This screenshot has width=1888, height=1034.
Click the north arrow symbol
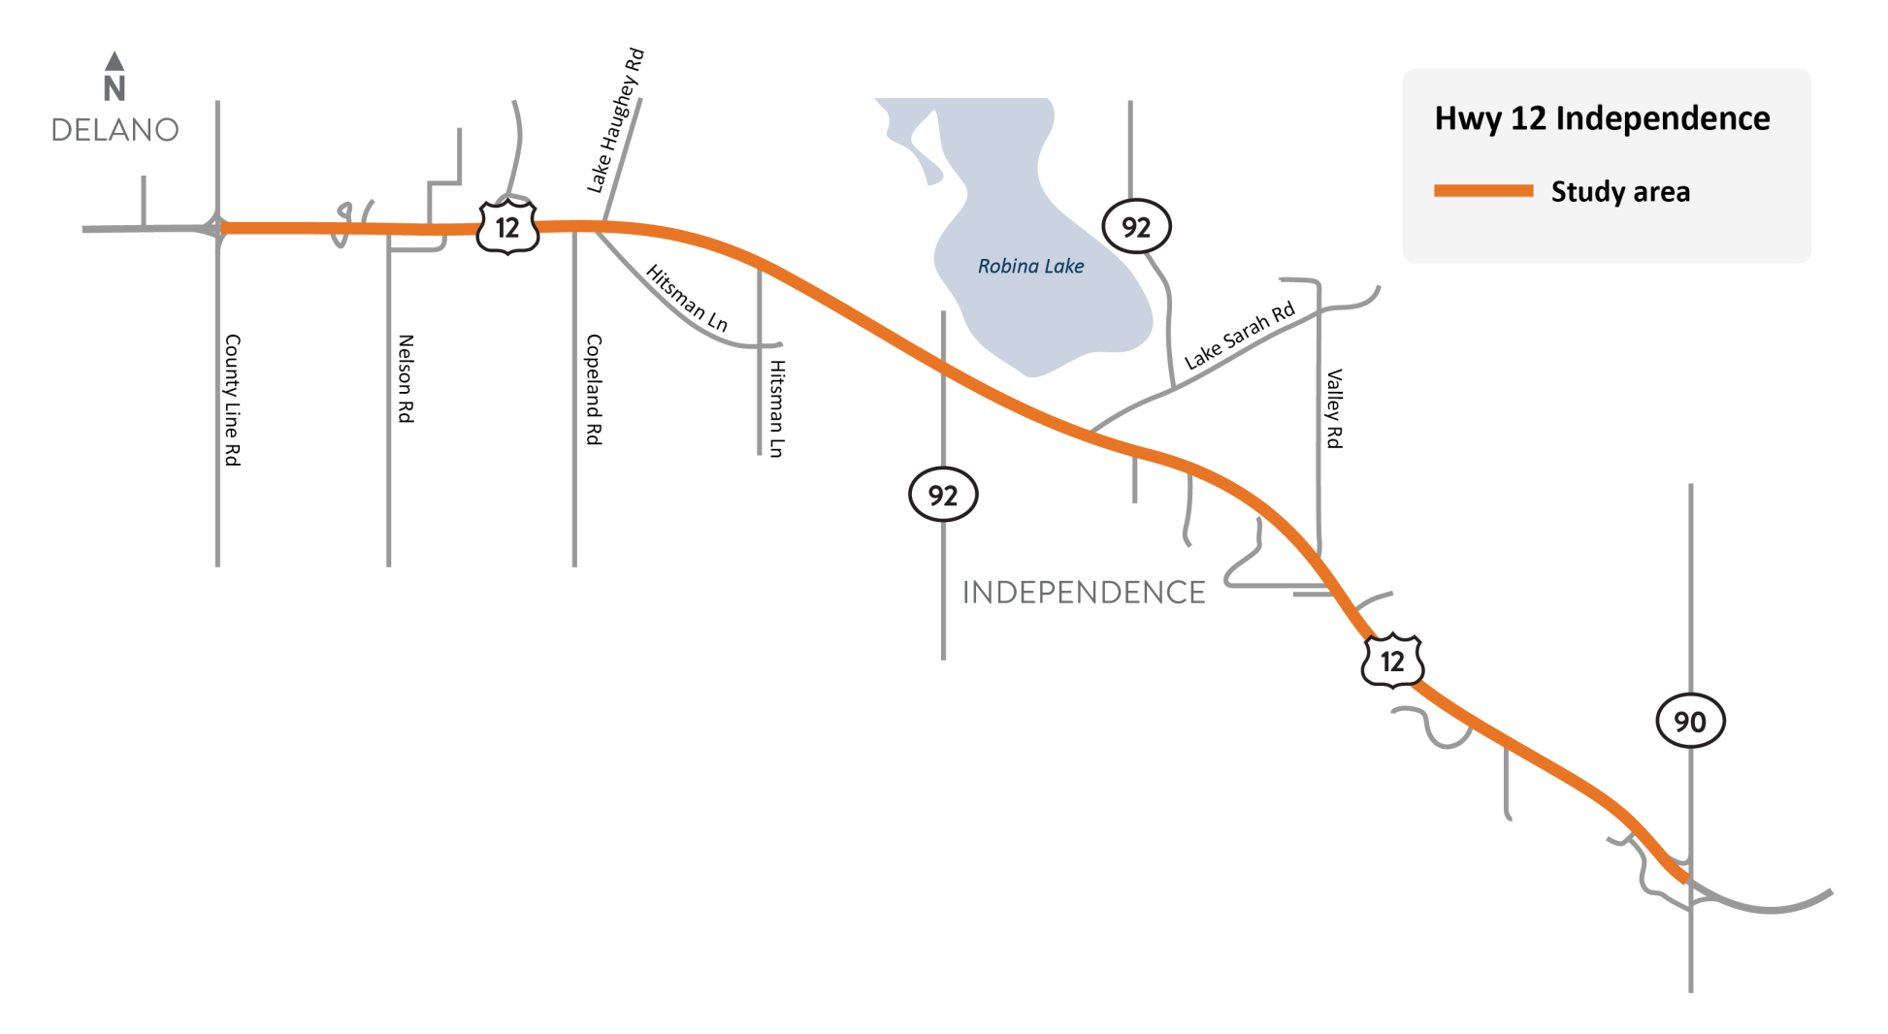[x=114, y=76]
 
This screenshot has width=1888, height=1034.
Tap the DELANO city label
[x=114, y=130]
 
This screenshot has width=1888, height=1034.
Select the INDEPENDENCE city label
[x=1084, y=593]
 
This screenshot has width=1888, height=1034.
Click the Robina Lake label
[x=1030, y=267]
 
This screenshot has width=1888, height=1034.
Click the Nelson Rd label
[x=406, y=378]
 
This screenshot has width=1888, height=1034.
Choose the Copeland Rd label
[x=594, y=390]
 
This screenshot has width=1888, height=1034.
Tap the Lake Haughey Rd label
[x=616, y=120]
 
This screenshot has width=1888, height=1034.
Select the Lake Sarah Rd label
[x=1240, y=336]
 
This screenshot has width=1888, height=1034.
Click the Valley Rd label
[x=1335, y=408]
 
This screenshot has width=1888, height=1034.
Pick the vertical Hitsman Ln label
[x=776, y=408]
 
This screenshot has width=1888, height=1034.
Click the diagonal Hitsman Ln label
[x=687, y=298]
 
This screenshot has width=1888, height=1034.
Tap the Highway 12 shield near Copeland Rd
[x=507, y=228]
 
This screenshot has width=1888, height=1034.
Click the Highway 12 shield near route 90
[x=1392, y=662]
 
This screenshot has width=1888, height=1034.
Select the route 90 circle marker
[x=1689, y=722]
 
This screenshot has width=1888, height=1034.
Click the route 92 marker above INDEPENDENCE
[x=942, y=496]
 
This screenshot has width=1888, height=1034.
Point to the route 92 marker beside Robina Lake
[x=1136, y=227]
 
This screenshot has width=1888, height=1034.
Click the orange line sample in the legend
[x=1483, y=191]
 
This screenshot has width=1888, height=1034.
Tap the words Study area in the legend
[x=1620, y=192]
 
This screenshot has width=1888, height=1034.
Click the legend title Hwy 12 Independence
[x=1602, y=118]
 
